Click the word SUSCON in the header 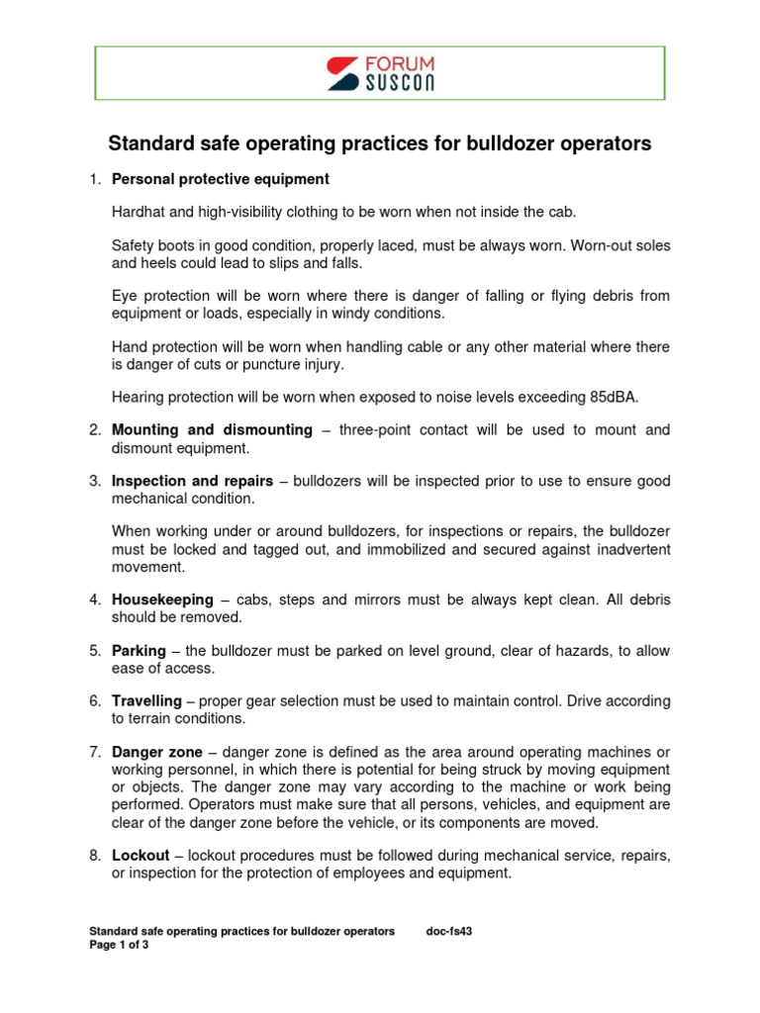(399, 82)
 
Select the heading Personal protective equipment (220, 179)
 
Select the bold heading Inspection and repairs (192, 481)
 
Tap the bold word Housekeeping (162, 599)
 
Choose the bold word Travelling (146, 700)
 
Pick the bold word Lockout (142, 855)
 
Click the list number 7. (94, 752)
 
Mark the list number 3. (94, 481)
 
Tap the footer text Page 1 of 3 (119, 945)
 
